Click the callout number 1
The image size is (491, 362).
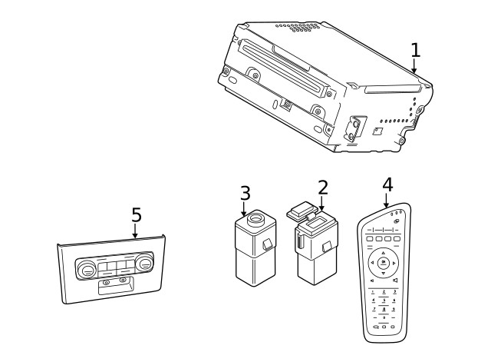[415, 51]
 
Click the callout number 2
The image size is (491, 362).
[322, 187]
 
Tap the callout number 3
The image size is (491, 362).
[245, 192]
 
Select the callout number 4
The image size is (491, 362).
[387, 184]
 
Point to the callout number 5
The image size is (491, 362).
[136, 215]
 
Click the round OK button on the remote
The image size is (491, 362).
[382, 263]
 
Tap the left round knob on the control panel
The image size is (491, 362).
[86, 269]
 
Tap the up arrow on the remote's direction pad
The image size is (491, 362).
[382, 251]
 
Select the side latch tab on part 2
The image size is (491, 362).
[328, 247]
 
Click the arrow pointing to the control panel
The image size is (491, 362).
[135, 232]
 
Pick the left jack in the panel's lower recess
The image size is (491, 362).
[107, 282]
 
